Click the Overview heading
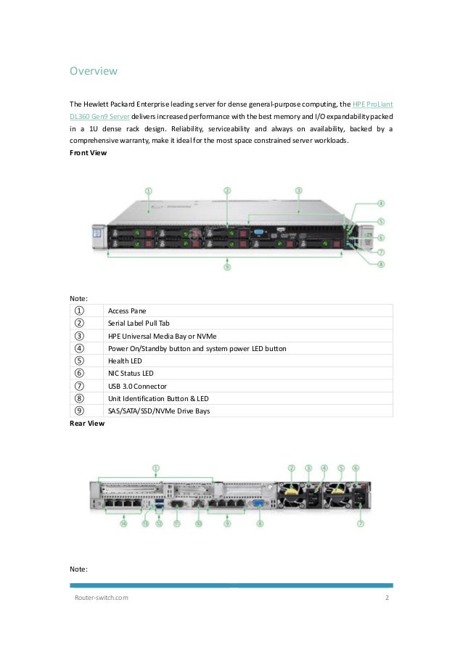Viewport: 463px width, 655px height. pos(93,71)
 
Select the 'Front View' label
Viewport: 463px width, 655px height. pos(88,153)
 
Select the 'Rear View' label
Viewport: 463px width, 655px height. pos(86,423)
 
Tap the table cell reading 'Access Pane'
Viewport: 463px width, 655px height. pos(127,310)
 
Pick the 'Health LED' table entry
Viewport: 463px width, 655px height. pos(125,361)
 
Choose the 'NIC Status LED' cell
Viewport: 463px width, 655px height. pos(131,373)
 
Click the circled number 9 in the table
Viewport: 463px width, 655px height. pos(79,411)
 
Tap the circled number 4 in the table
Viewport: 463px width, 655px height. pos(79,348)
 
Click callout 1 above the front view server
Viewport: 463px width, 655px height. pos(148,191)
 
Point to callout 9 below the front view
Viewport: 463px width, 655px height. pos(227,267)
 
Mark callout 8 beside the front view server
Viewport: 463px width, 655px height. pos(381,264)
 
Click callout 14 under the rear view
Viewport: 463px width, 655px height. pos(123,522)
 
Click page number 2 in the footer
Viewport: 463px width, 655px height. pos(387,598)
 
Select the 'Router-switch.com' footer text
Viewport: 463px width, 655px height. pos(102,598)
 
